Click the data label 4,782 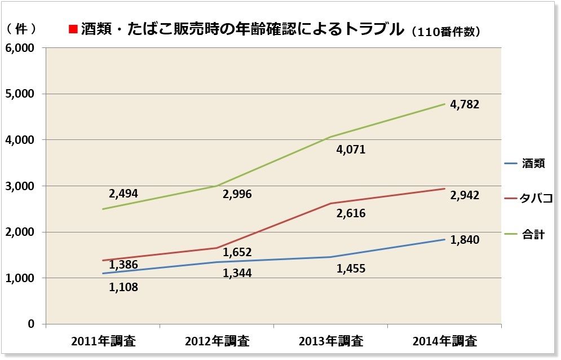[x=465, y=104]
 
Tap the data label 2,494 [x=123, y=194]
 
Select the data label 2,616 [x=351, y=213]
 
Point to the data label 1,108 [x=123, y=287]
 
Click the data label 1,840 [x=465, y=240]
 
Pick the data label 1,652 [x=237, y=252]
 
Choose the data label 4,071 [x=351, y=150]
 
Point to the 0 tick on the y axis [x=32, y=324]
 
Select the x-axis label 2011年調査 [x=104, y=341]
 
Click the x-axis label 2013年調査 [x=331, y=341]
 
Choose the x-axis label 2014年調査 [x=445, y=341]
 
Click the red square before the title [x=72, y=29]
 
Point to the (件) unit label [x=23, y=28]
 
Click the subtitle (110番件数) [x=445, y=32]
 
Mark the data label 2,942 [x=465, y=196]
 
